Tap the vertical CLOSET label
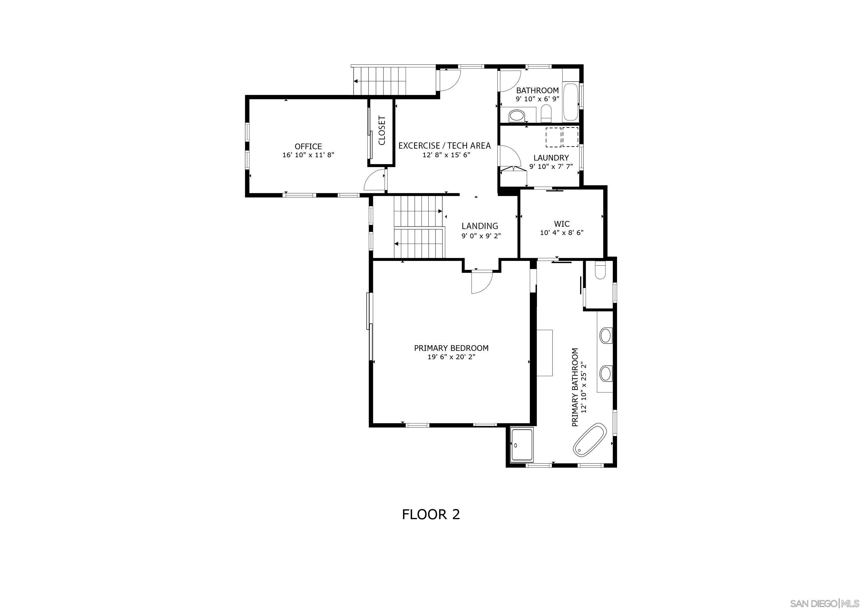pos(382,130)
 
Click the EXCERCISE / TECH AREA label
pos(444,146)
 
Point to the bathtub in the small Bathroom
pos(571,101)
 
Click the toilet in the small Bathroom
pos(546,113)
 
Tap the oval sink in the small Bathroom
pos(517,116)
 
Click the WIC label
pos(561,224)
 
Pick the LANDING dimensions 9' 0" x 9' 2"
pos(481,236)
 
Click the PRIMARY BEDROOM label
pos(451,348)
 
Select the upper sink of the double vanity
pos(605,335)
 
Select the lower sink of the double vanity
pos(605,374)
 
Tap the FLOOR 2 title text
pos(431,514)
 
